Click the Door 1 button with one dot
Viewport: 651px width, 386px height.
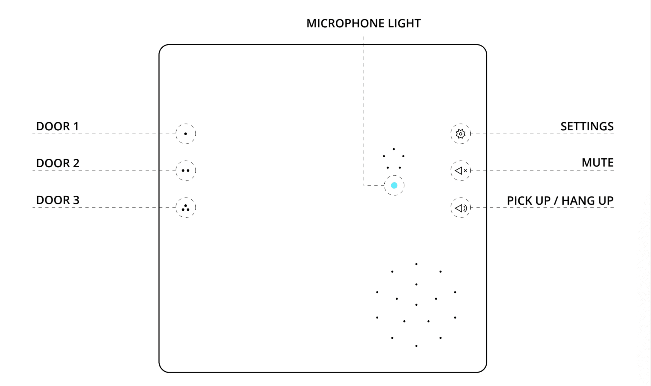click(x=186, y=134)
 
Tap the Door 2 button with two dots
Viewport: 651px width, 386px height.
click(x=186, y=171)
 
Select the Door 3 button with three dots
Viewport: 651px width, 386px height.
click(x=186, y=207)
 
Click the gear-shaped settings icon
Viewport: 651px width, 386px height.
click(x=460, y=134)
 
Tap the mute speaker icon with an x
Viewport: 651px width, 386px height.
click(x=460, y=171)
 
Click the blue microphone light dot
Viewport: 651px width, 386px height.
click(x=394, y=186)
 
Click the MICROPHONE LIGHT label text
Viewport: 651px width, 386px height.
click(x=363, y=23)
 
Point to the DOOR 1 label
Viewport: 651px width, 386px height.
click(x=57, y=126)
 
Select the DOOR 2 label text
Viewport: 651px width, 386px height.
click(x=58, y=163)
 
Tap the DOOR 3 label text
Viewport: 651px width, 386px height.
click(x=58, y=200)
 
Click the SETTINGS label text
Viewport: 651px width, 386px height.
click(x=587, y=126)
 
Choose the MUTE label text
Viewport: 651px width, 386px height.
click(x=597, y=163)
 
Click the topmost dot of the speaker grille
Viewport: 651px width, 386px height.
click(x=416, y=264)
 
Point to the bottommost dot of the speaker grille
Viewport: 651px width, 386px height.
click(x=416, y=346)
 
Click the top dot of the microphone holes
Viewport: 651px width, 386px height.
click(x=394, y=149)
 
